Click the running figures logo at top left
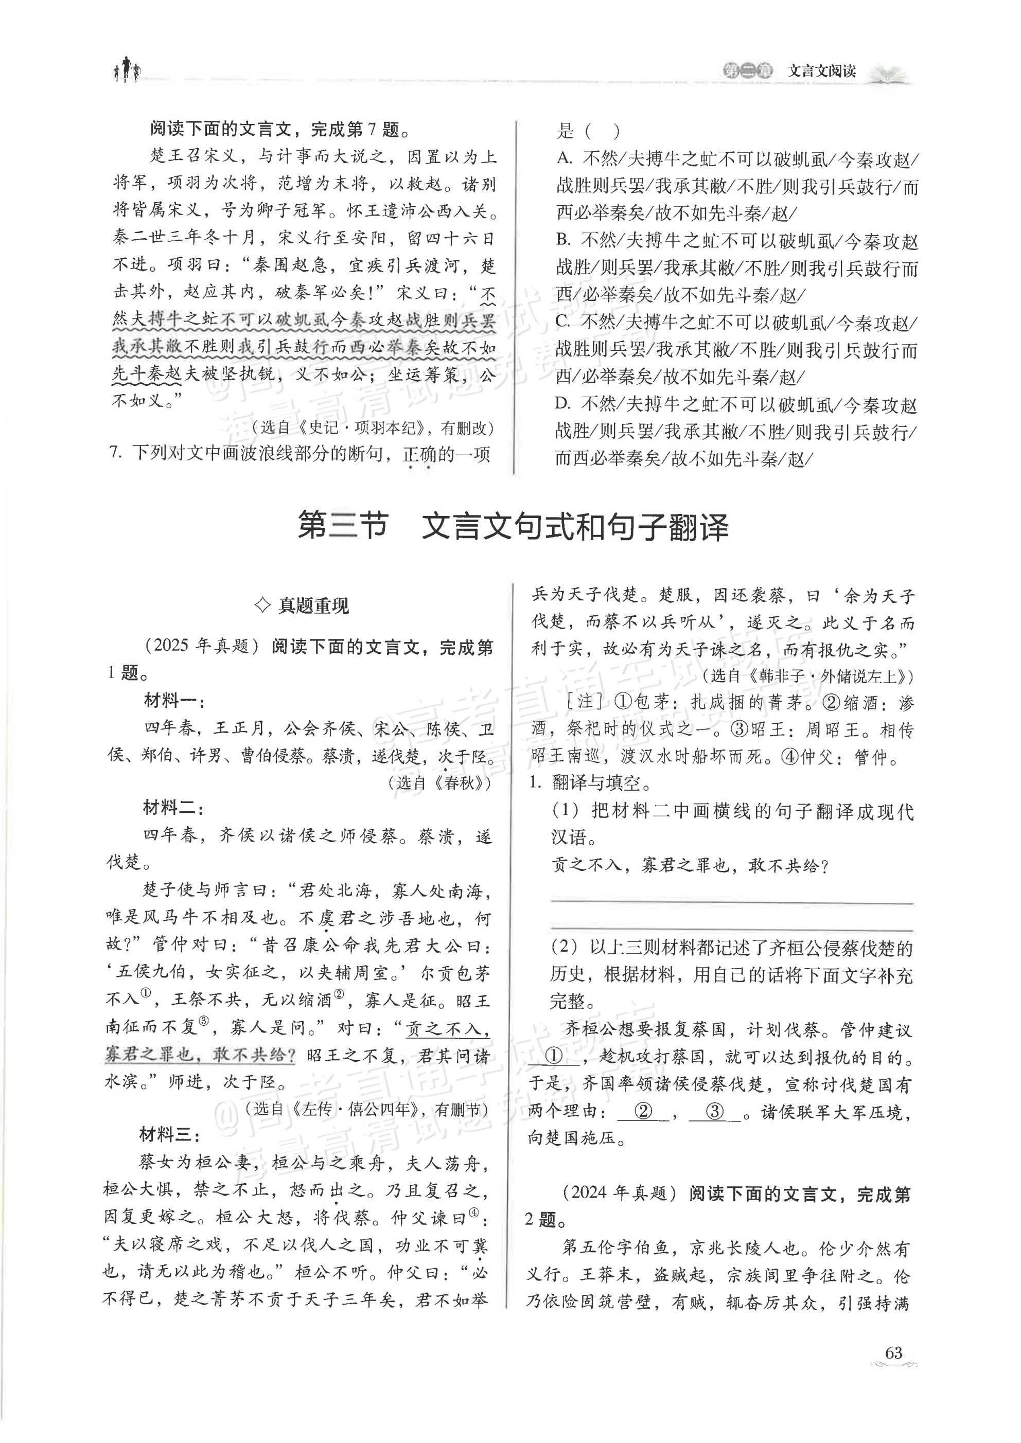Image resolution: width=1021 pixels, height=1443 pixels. [x=127, y=70]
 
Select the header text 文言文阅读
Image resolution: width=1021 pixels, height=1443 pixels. [x=822, y=71]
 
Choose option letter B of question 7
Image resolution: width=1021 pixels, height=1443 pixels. [x=564, y=240]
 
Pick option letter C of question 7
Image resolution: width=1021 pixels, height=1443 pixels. [x=564, y=322]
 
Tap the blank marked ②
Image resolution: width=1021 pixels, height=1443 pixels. [x=643, y=1111]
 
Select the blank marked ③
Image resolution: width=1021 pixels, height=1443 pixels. [x=715, y=1111]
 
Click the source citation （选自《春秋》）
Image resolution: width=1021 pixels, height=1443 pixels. [x=438, y=782]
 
